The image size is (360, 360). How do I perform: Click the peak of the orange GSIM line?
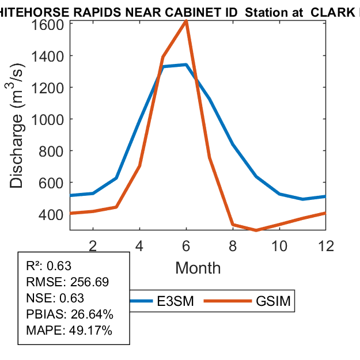pos(186,21)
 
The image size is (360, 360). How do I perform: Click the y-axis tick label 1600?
pos(48,24)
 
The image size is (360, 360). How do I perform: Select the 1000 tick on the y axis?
pos(48,119)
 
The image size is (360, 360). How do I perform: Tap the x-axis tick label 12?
pos(325,245)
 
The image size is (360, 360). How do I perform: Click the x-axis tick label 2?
pos(93,245)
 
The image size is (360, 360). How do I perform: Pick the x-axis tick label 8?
pos(233,245)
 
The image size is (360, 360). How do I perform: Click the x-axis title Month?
pos(198,267)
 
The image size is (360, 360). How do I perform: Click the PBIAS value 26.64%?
pos(92,314)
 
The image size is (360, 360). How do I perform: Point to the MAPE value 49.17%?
pos(91,331)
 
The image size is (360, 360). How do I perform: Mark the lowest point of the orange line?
pos(256,230)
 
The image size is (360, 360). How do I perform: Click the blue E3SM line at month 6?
pos(186,65)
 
